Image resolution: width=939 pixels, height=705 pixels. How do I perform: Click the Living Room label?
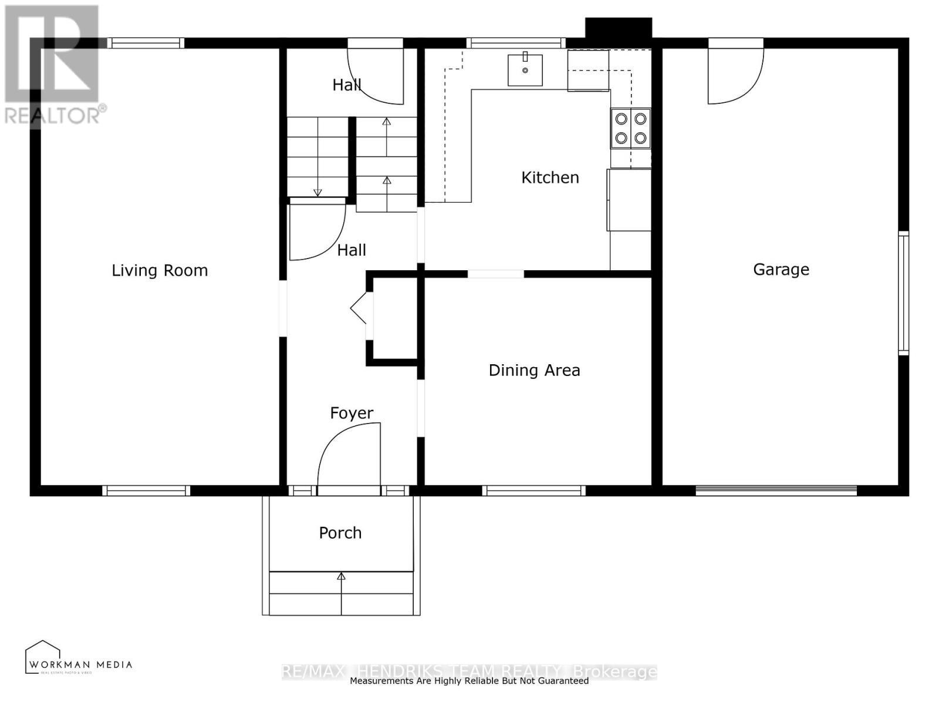[160, 270]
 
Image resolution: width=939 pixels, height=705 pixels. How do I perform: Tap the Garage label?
[781, 269]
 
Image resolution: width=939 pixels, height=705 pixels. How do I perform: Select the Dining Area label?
[534, 370]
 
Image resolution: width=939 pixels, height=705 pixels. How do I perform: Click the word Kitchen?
[550, 177]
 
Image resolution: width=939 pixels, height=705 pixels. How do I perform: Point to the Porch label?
[340, 533]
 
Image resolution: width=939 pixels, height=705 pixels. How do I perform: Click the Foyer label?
[351, 413]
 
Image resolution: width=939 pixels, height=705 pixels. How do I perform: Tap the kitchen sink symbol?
[525, 70]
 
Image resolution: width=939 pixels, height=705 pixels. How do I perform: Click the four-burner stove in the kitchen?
[630, 128]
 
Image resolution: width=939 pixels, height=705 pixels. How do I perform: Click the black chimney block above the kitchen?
[618, 28]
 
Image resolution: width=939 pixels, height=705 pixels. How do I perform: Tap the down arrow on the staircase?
[317, 192]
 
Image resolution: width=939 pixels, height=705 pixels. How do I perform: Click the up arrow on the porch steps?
[341, 577]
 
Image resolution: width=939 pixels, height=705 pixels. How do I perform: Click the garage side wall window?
[903, 293]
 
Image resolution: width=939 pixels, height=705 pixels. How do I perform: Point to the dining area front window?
[533, 491]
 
